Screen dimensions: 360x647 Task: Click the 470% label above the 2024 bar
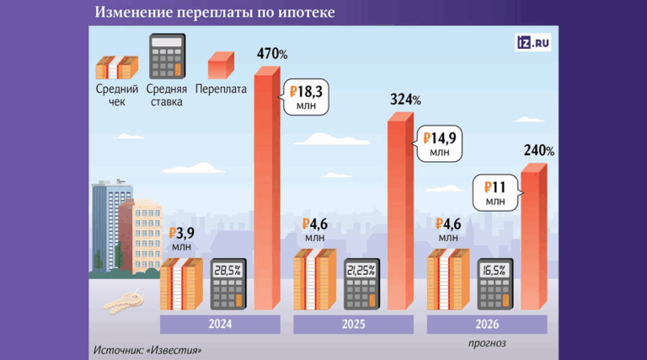[271, 55]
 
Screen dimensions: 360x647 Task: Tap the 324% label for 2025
[405, 99]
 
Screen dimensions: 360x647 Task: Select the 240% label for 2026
[538, 151]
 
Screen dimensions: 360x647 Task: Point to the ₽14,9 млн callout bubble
[439, 143]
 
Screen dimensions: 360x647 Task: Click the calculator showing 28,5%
[227, 283]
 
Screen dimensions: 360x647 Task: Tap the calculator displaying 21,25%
[361, 283]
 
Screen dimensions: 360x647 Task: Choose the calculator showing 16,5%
[495, 283]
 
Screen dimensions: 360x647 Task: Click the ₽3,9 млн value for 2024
[182, 239]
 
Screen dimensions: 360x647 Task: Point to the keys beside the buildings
[124, 300]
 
